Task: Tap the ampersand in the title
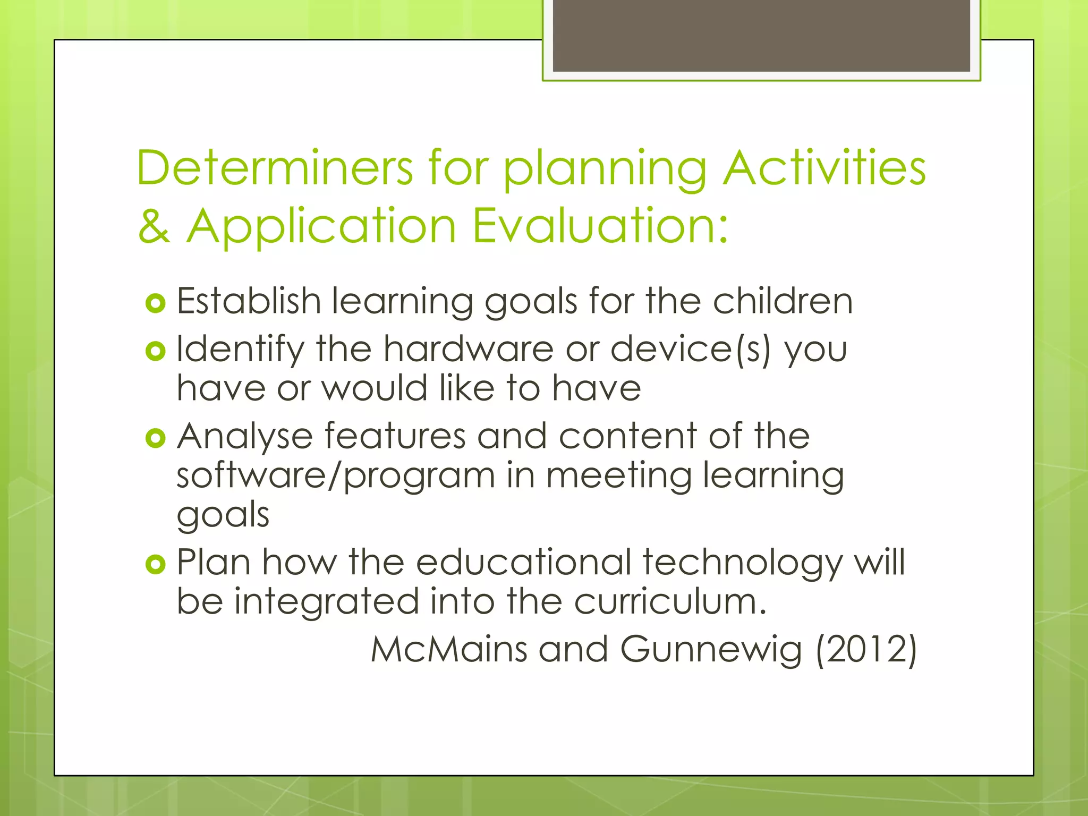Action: (154, 226)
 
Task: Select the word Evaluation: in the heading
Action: (600, 226)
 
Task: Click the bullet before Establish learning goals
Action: (155, 303)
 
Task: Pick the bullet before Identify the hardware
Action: (155, 351)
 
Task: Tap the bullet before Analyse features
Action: (155, 438)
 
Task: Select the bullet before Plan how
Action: (155, 564)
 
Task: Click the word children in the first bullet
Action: (783, 301)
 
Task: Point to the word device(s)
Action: (690, 350)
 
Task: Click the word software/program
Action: (336, 475)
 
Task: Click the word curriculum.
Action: (670, 602)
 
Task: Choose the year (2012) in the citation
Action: (866, 650)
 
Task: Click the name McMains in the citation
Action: (449, 650)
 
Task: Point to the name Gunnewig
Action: (711, 650)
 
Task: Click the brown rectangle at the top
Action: (761, 35)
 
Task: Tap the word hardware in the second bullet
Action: (469, 350)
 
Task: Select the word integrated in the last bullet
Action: (327, 602)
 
